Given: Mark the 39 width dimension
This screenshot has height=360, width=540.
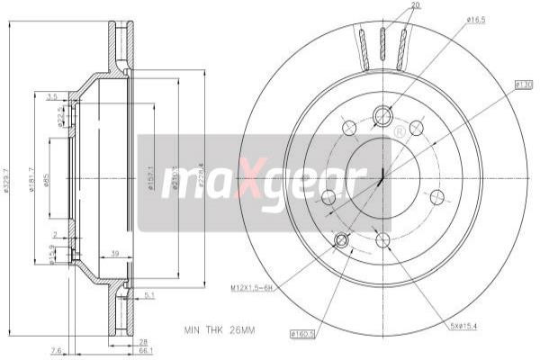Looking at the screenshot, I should point(115,255).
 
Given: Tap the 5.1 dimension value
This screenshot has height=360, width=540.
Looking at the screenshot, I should point(149,294).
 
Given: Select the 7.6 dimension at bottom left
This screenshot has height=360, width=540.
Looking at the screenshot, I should point(57,351).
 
